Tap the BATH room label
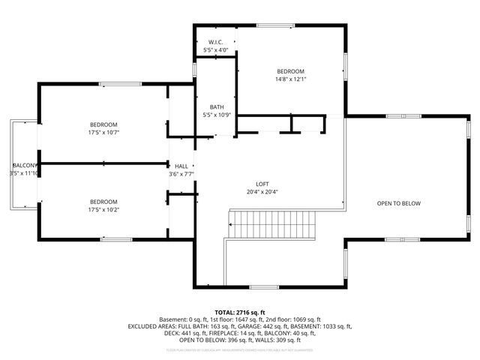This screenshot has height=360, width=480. pyautogui.click(x=216, y=106)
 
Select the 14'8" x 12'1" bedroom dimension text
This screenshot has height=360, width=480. pyautogui.click(x=291, y=78)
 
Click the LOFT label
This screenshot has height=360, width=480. pyautogui.click(x=262, y=184)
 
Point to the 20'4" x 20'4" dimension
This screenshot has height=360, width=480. pyautogui.click(x=262, y=192)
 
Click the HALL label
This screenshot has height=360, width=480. pyautogui.click(x=181, y=166)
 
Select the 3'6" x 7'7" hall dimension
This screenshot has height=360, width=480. pyautogui.click(x=181, y=175)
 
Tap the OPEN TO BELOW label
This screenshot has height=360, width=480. pyautogui.click(x=398, y=203)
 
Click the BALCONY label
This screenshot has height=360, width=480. pyautogui.click(x=24, y=165)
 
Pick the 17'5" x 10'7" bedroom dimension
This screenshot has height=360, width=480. pyautogui.click(x=103, y=133)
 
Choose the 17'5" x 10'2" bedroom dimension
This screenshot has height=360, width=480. pyautogui.click(x=103, y=210)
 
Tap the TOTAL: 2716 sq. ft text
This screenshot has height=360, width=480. pyautogui.click(x=240, y=312)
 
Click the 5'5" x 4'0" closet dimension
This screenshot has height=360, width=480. pyautogui.click(x=216, y=50)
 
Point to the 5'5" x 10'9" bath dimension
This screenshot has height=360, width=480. pyautogui.click(x=216, y=115)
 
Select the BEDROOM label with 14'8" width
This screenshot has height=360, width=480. pyautogui.click(x=291, y=70)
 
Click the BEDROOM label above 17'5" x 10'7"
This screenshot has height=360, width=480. pyautogui.click(x=103, y=124)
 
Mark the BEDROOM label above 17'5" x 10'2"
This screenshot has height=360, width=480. pyautogui.click(x=103, y=202)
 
